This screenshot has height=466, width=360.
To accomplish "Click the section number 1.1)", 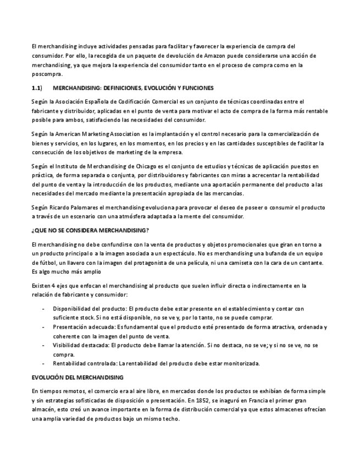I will tap(37, 88).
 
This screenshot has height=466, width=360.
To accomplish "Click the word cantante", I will tap(310, 263).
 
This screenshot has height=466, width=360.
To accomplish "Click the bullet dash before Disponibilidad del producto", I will tap(43, 309).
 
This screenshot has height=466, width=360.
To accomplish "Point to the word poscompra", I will tap(47, 74).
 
